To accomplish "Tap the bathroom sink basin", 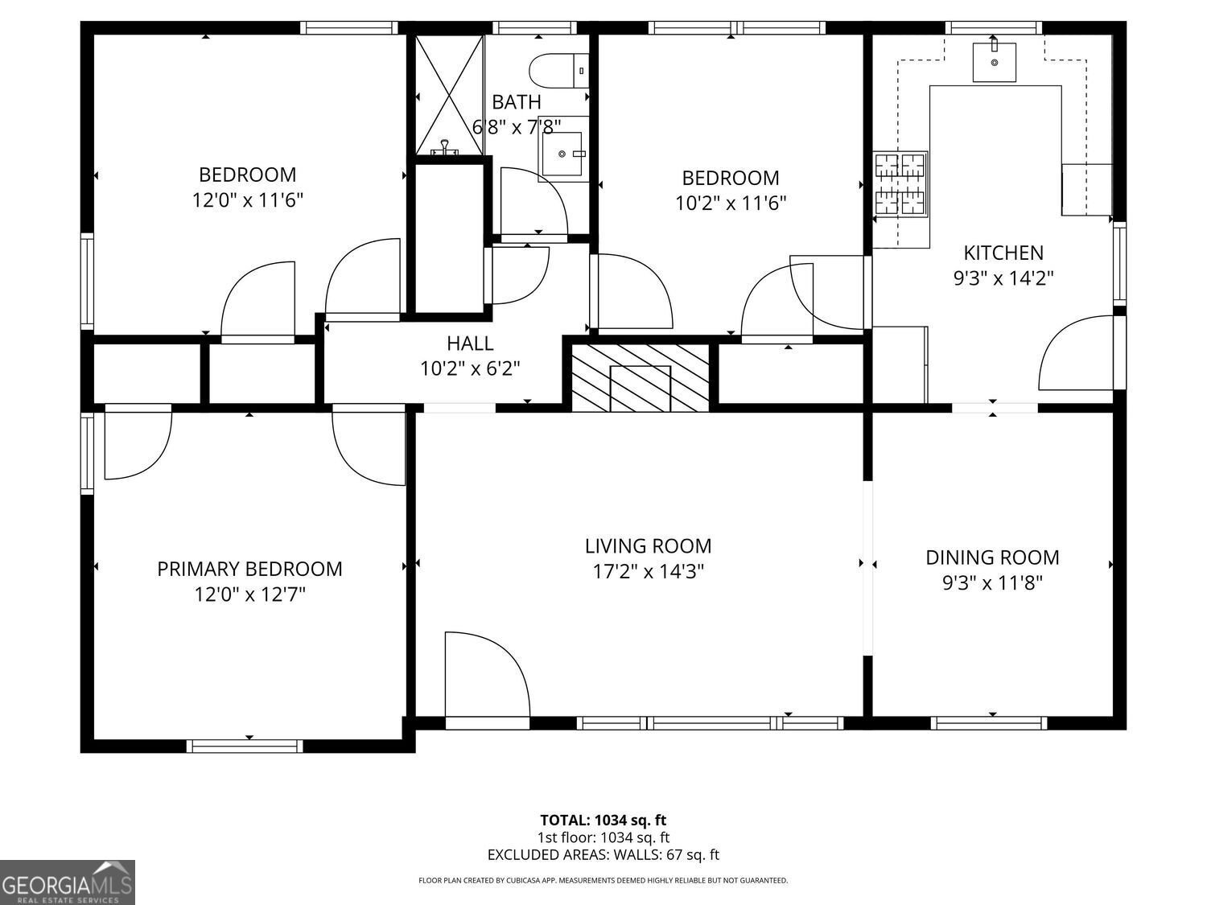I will [563, 150].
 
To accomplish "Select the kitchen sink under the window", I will [994, 62].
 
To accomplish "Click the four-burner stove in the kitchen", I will [900, 184].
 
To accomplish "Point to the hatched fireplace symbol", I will [641, 376].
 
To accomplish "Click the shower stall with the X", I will [449, 94].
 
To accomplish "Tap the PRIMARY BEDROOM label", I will [249, 569].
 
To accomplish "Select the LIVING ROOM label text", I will [648, 545].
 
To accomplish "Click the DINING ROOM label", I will [992, 557].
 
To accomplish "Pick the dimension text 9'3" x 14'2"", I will [1003, 278].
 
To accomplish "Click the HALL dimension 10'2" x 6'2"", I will [470, 368].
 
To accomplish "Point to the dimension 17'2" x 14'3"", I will [648, 571].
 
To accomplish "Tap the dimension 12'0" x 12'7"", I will [249, 594].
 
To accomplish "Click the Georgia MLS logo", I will [68, 882].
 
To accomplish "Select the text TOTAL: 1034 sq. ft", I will [603, 821].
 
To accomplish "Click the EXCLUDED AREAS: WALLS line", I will [603, 854].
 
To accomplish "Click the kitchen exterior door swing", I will [1076, 354].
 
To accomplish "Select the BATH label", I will [516, 102].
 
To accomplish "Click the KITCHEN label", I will [1003, 253].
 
